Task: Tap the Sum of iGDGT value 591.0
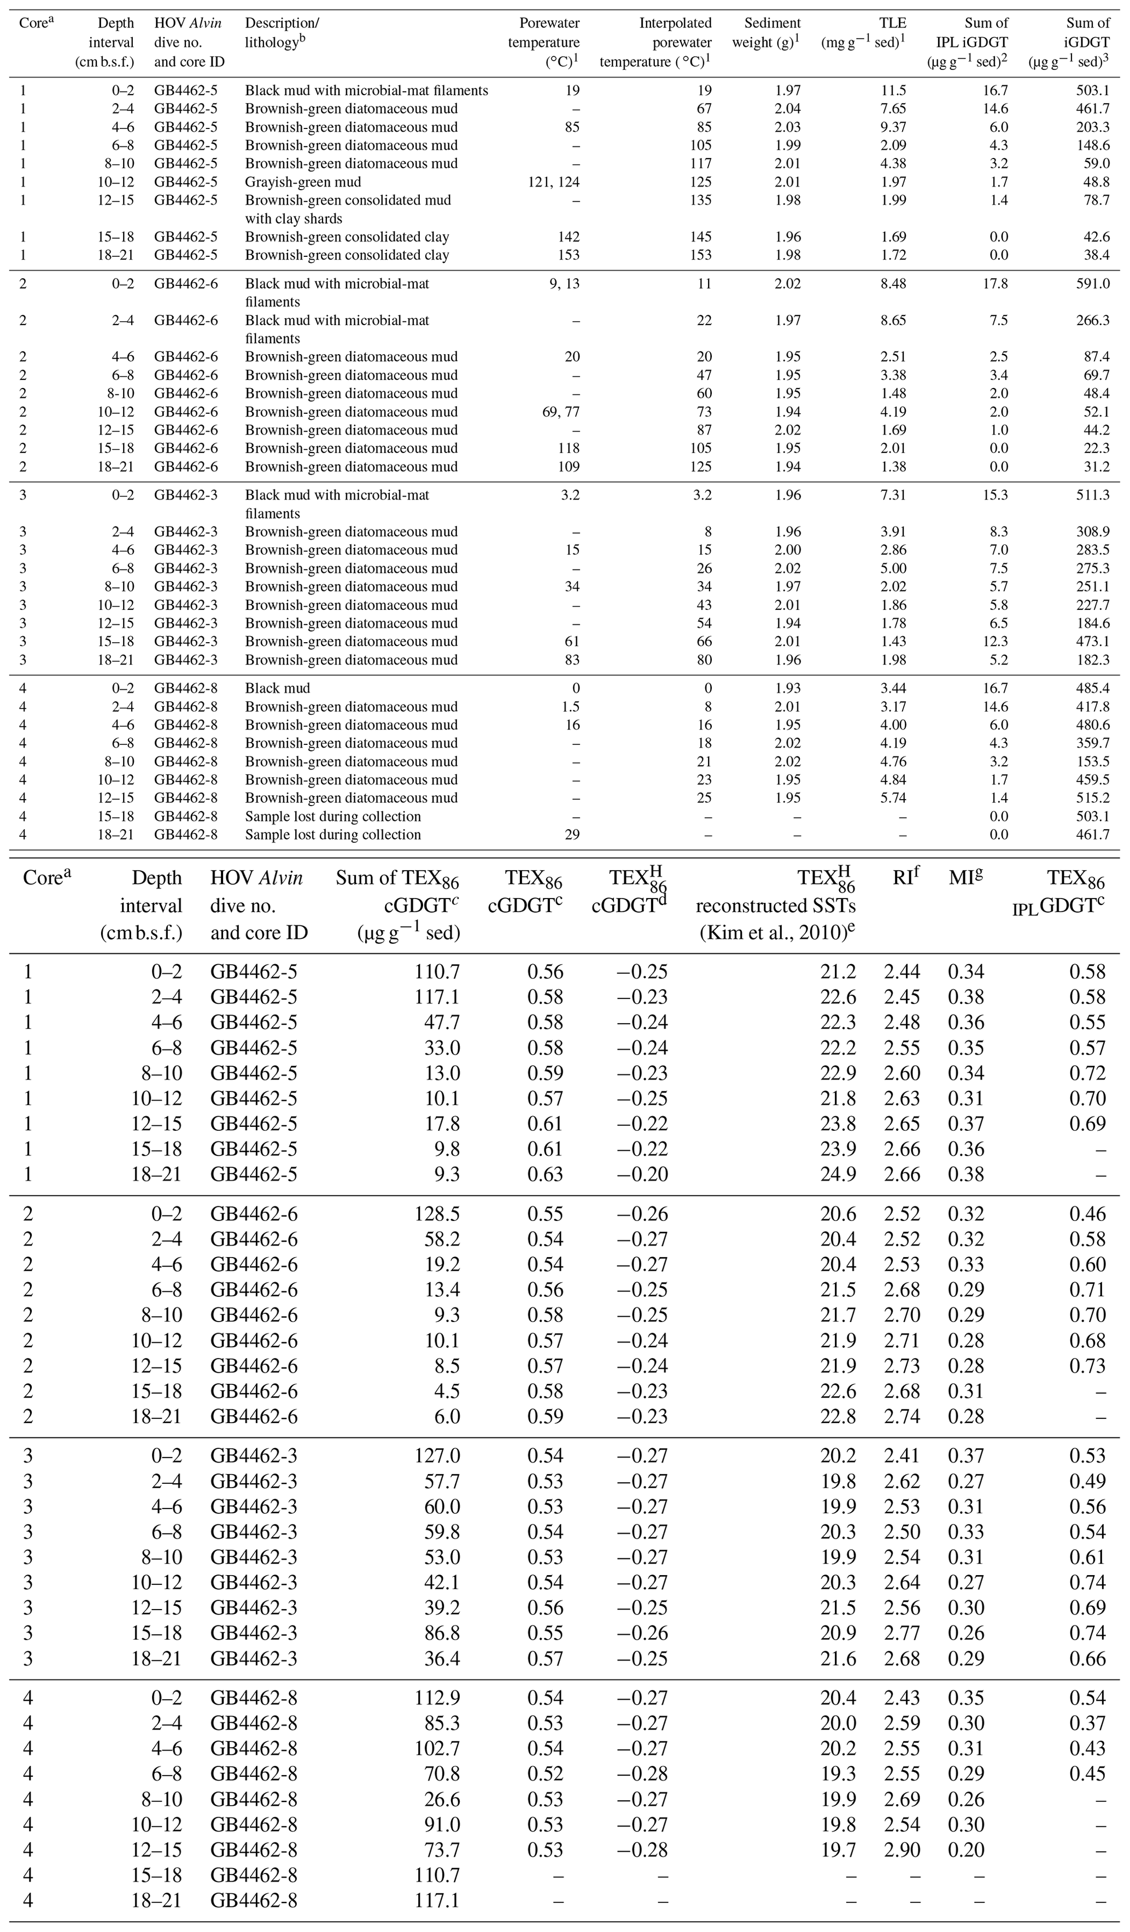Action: coord(1088,284)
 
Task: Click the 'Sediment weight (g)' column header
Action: coord(766,33)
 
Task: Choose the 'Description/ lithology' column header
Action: coord(282,33)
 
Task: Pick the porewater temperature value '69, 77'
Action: coord(557,412)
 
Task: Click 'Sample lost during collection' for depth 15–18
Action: coord(333,817)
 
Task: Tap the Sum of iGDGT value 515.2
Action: coord(1088,798)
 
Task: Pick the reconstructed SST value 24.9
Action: coord(838,1174)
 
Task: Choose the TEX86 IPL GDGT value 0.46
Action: coord(1087,1214)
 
